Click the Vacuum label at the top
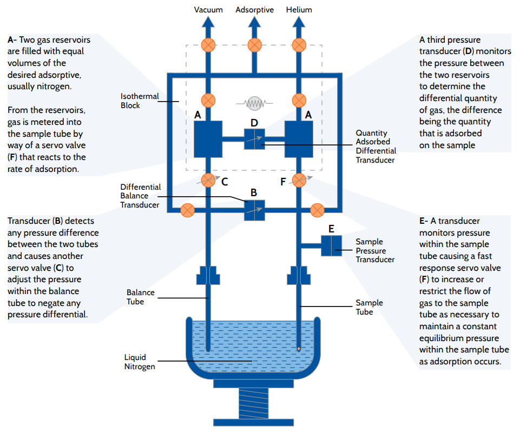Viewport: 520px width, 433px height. point(208,10)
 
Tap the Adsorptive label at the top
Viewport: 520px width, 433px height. point(254,10)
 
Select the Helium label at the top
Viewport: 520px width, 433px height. point(299,10)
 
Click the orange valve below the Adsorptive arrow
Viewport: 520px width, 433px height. point(254,45)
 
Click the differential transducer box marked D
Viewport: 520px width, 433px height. point(254,139)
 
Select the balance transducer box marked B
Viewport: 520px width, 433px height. point(254,210)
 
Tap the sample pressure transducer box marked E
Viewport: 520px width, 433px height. point(331,245)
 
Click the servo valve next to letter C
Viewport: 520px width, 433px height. point(208,180)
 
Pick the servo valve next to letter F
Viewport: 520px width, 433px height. point(299,180)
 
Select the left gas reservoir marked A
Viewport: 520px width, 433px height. point(208,139)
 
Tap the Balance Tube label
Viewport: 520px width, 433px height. point(140,297)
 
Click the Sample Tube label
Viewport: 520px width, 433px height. point(368,307)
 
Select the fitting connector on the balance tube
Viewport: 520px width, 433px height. point(208,275)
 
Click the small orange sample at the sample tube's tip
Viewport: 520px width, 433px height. point(299,349)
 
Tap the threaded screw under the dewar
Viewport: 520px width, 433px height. point(254,404)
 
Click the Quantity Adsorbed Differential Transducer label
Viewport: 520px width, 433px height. point(376,146)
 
